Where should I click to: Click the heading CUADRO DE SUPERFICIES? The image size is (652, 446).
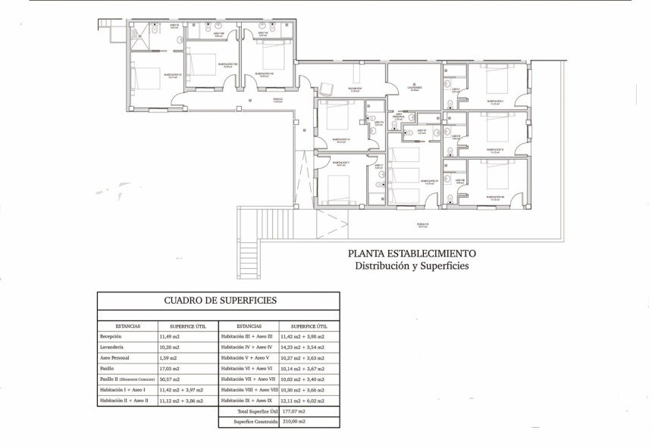pos(220,301)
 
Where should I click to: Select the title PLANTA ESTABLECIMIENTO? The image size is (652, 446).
pos(412,254)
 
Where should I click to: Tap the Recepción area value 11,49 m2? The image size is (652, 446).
pos(168,336)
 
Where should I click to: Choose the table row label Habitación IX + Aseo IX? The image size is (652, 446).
pos(246,400)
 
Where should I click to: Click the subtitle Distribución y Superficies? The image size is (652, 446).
pos(412,266)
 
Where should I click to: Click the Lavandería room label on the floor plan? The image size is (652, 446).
pos(414,89)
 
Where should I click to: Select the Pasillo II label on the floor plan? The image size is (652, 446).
pos(423,225)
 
